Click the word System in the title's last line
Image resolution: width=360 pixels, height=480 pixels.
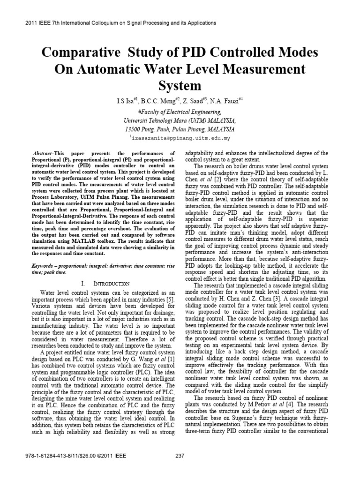point(180,86)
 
